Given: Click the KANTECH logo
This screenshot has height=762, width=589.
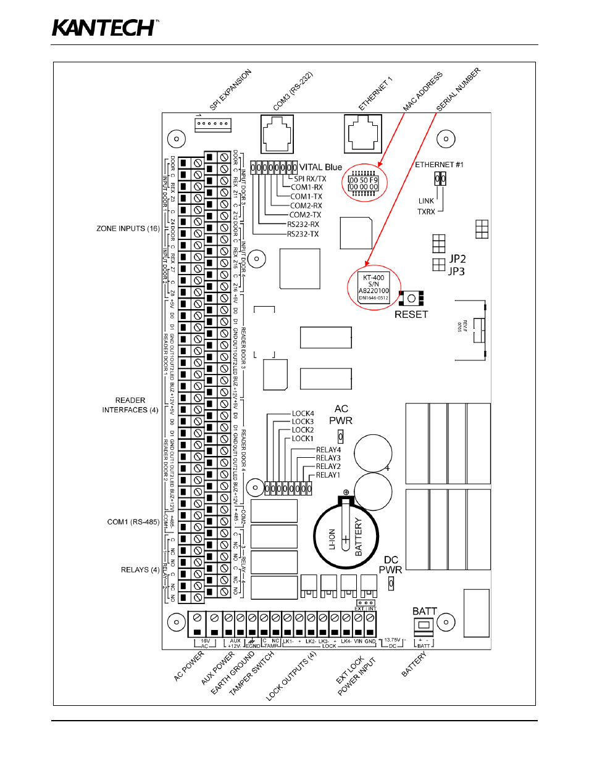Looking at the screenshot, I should pos(105,28).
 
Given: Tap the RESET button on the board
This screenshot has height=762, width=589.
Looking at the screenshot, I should pos(411,299).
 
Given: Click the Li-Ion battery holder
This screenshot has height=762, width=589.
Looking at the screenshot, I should pos(346,537).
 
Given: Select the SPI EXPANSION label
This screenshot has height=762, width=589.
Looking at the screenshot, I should pos(231,90).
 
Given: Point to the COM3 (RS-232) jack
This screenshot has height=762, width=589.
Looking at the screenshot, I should pos(277,133).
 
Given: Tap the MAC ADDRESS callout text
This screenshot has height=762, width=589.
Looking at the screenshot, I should pos(423,92).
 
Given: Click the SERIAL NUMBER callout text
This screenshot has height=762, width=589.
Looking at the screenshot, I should pos(458,89).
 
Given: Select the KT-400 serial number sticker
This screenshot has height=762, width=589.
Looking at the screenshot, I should pos(374,288).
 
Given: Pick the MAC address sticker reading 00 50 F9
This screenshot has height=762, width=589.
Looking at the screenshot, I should pos(364,183).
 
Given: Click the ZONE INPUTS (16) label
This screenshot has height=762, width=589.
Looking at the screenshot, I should pos(128,228).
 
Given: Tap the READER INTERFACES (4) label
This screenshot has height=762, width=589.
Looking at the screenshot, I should pos(130,405).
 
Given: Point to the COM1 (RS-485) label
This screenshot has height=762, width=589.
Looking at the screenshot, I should pos(133,522).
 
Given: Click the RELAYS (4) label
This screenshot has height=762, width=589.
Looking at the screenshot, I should pos(140,569).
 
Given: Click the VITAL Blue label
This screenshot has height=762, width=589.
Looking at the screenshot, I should pos(320,167).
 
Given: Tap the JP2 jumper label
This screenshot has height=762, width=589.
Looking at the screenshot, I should pos(457,259).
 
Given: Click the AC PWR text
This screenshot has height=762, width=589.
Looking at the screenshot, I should pos(341,415).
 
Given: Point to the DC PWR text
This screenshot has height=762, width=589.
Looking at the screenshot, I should pos(390,565).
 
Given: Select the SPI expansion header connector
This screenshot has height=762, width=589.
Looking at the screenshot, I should pos(212,124).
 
